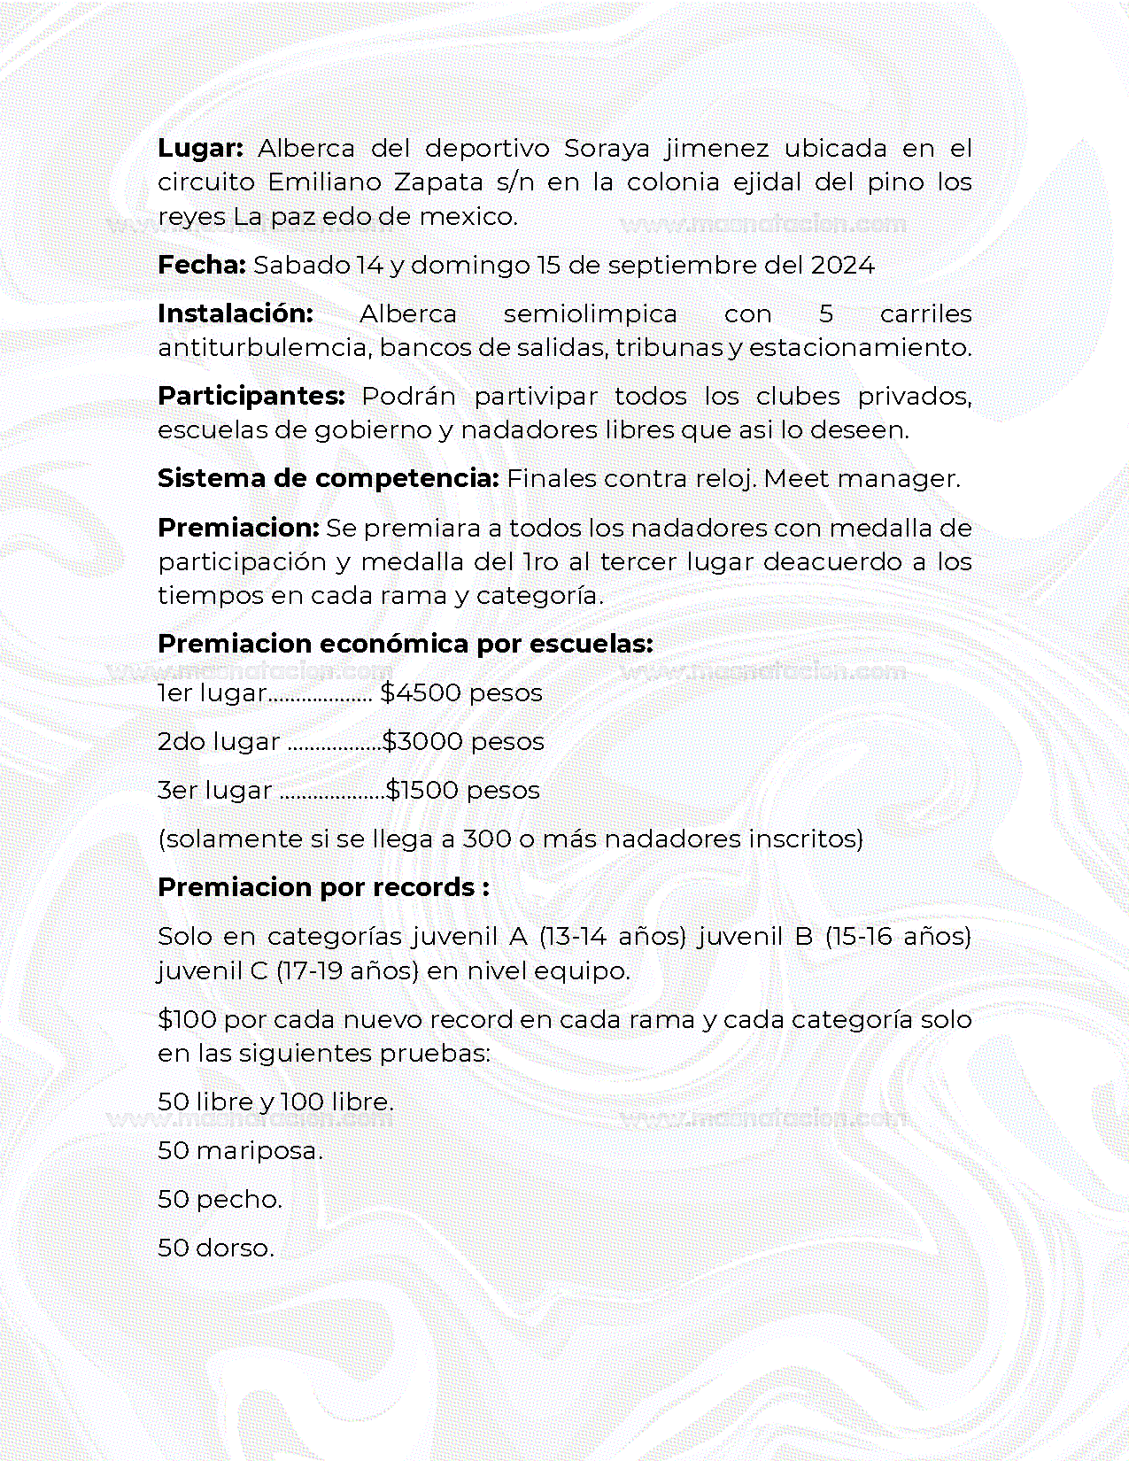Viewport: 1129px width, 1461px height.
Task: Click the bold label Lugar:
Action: pyautogui.click(x=200, y=148)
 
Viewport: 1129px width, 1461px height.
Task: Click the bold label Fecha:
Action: pyautogui.click(x=201, y=265)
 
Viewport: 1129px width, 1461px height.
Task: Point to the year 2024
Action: pyautogui.click(x=842, y=265)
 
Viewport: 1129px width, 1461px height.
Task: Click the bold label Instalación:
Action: pyautogui.click(x=236, y=313)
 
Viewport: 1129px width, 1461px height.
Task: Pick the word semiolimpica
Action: pyautogui.click(x=590, y=313)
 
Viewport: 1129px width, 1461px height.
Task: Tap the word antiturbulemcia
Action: pyautogui.click(x=264, y=347)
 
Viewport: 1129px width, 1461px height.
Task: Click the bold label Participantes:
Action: pyautogui.click(x=251, y=396)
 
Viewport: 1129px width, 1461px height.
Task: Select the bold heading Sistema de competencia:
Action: pyautogui.click(x=329, y=478)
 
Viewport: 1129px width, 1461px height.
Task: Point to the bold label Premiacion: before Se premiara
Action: pyautogui.click(x=238, y=528)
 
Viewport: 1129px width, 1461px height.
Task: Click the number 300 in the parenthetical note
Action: pyautogui.click(x=487, y=839)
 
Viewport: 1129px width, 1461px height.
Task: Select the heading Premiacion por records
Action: pyautogui.click(x=323, y=887)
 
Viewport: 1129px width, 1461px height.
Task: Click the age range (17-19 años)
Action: pyautogui.click(x=347, y=970)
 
